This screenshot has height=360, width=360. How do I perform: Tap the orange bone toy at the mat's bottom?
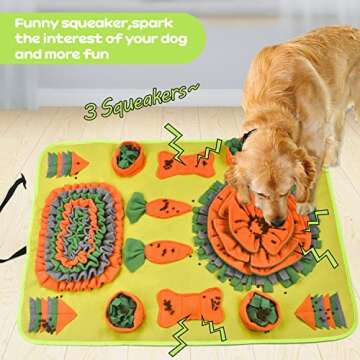[x=189, y=304]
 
